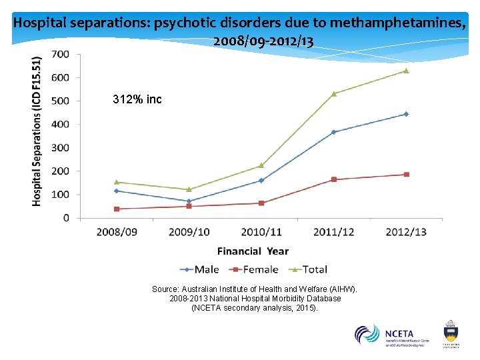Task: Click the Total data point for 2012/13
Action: (x=406, y=71)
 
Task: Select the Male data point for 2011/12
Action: (x=333, y=132)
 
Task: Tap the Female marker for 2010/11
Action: (x=261, y=203)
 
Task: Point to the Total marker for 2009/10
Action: (x=189, y=189)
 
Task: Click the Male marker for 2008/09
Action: (x=117, y=191)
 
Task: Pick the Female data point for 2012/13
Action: (x=406, y=175)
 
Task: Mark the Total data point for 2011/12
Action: (x=333, y=93)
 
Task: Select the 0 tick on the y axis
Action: (x=66, y=218)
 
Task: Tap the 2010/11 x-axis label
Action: (x=261, y=231)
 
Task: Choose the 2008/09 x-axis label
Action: (x=117, y=231)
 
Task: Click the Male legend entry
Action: (x=200, y=269)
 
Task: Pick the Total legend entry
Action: (x=308, y=269)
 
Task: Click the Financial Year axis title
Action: (x=253, y=251)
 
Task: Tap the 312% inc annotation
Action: (x=137, y=100)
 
